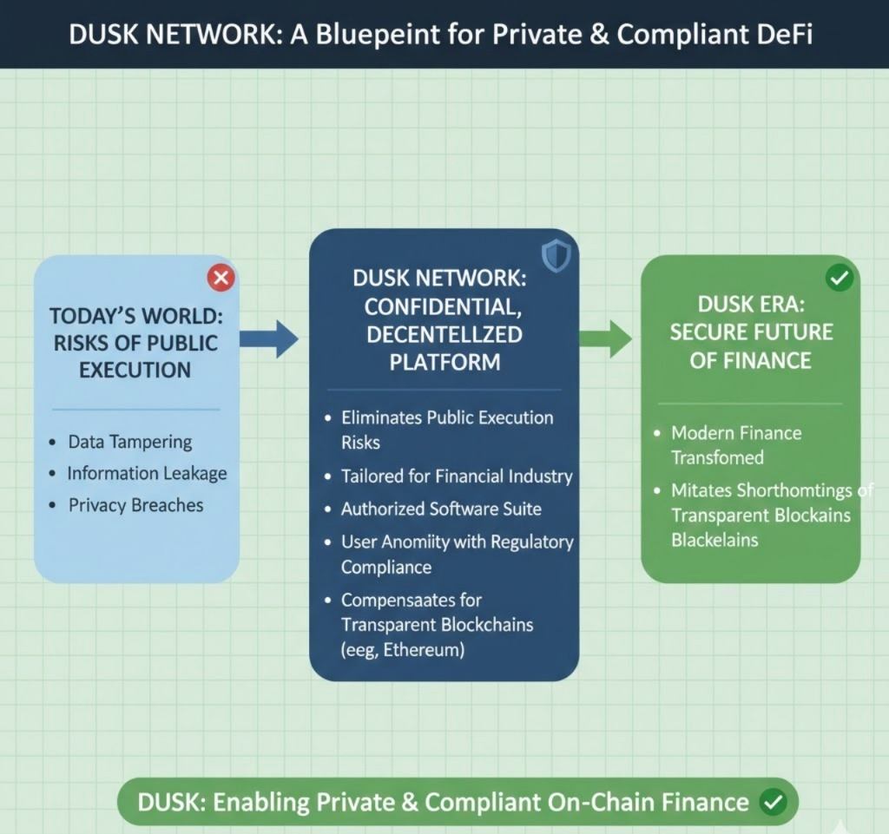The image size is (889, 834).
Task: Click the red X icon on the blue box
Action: pyautogui.click(x=221, y=279)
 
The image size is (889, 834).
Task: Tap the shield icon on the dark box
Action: pyautogui.click(x=555, y=255)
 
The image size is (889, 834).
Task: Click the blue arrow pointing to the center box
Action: pyautogui.click(x=268, y=338)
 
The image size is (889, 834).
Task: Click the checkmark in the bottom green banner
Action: pyautogui.click(x=772, y=802)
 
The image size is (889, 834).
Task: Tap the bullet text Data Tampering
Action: pyautogui.click(x=130, y=442)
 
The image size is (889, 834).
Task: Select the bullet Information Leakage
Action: pyautogui.click(x=147, y=473)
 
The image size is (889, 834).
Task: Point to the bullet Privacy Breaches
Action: pyautogui.click(x=135, y=505)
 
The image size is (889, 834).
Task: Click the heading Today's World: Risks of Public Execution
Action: pyautogui.click(x=135, y=342)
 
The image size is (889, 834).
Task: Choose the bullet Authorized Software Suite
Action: pyautogui.click(x=441, y=509)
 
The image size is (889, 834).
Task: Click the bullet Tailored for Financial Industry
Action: pyautogui.click(x=457, y=476)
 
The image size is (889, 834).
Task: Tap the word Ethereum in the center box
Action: pyautogui.click(x=423, y=649)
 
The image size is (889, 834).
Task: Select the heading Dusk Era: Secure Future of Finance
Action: pyautogui.click(x=751, y=332)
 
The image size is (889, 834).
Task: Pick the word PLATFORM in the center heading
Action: pyautogui.click(x=444, y=362)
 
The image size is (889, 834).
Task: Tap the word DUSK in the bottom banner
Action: pyautogui.click(x=169, y=802)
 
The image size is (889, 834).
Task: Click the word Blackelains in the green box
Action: pyautogui.click(x=714, y=540)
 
